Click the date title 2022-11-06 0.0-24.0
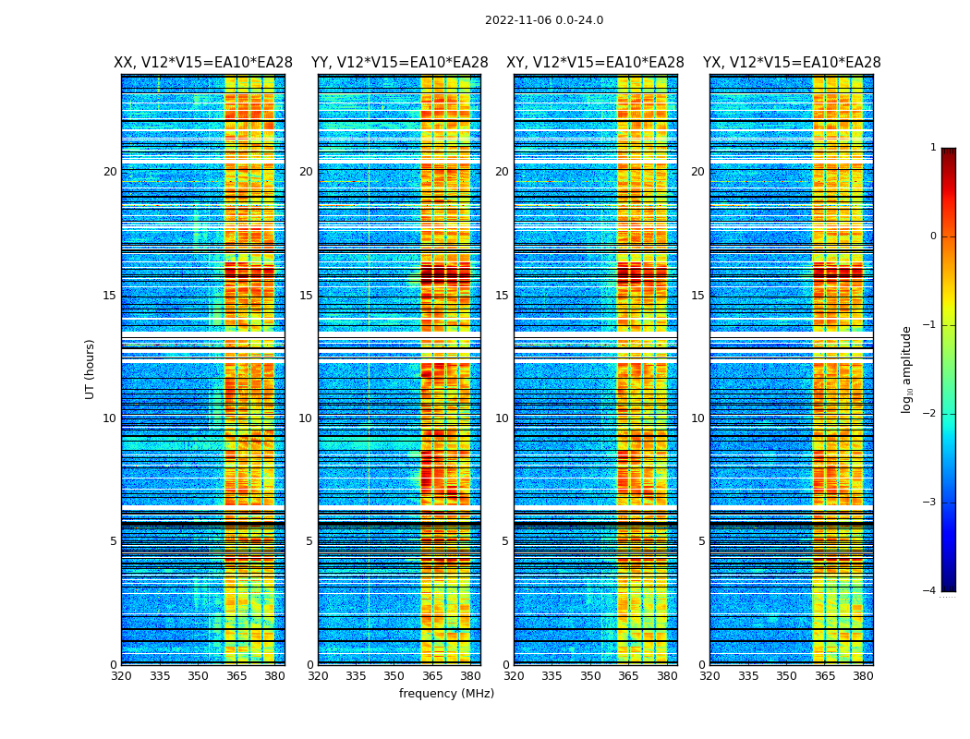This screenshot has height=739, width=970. click(x=544, y=20)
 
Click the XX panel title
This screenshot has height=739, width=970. click(x=203, y=63)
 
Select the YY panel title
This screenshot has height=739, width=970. click(x=399, y=63)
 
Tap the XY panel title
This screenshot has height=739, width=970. click(x=595, y=63)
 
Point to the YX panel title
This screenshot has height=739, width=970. click(x=792, y=63)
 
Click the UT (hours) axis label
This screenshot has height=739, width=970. click(x=91, y=369)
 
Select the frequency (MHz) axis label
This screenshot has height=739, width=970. click(x=446, y=694)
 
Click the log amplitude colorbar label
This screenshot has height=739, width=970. click(x=907, y=369)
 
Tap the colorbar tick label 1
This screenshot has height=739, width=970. click(x=933, y=148)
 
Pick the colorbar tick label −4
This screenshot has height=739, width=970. click(x=930, y=591)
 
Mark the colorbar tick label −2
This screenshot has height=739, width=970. click(x=930, y=414)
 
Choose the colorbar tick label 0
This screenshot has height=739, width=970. click(x=933, y=236)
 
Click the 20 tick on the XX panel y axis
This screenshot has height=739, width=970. click(x=110, y=172)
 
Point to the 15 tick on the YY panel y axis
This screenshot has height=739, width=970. click(x=306, y=296)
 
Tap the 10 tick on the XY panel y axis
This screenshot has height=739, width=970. click(x=502, y=418)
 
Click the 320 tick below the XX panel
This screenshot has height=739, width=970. click(x=121, y=676)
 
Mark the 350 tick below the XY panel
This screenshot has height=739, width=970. click(x=590, y=676)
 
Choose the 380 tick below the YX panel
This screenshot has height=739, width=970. click(x=863, y=676)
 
